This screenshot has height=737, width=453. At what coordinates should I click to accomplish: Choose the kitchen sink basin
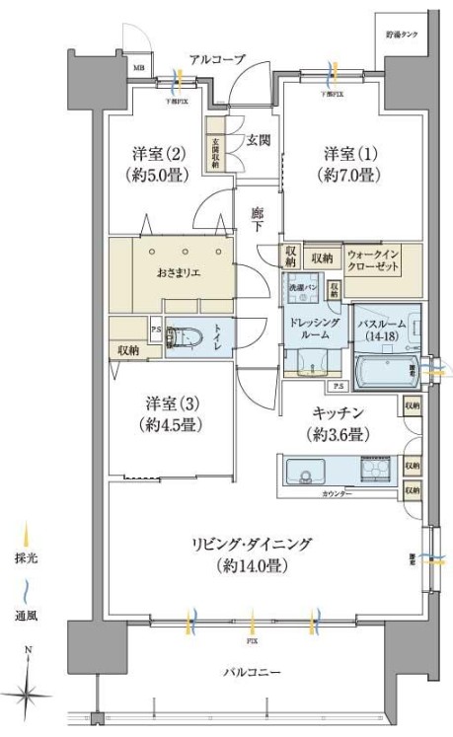309,472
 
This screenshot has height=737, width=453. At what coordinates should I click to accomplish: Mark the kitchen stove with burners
375,472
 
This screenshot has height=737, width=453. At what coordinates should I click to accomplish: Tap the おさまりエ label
179,271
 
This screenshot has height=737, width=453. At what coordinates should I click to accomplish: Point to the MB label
137,68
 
